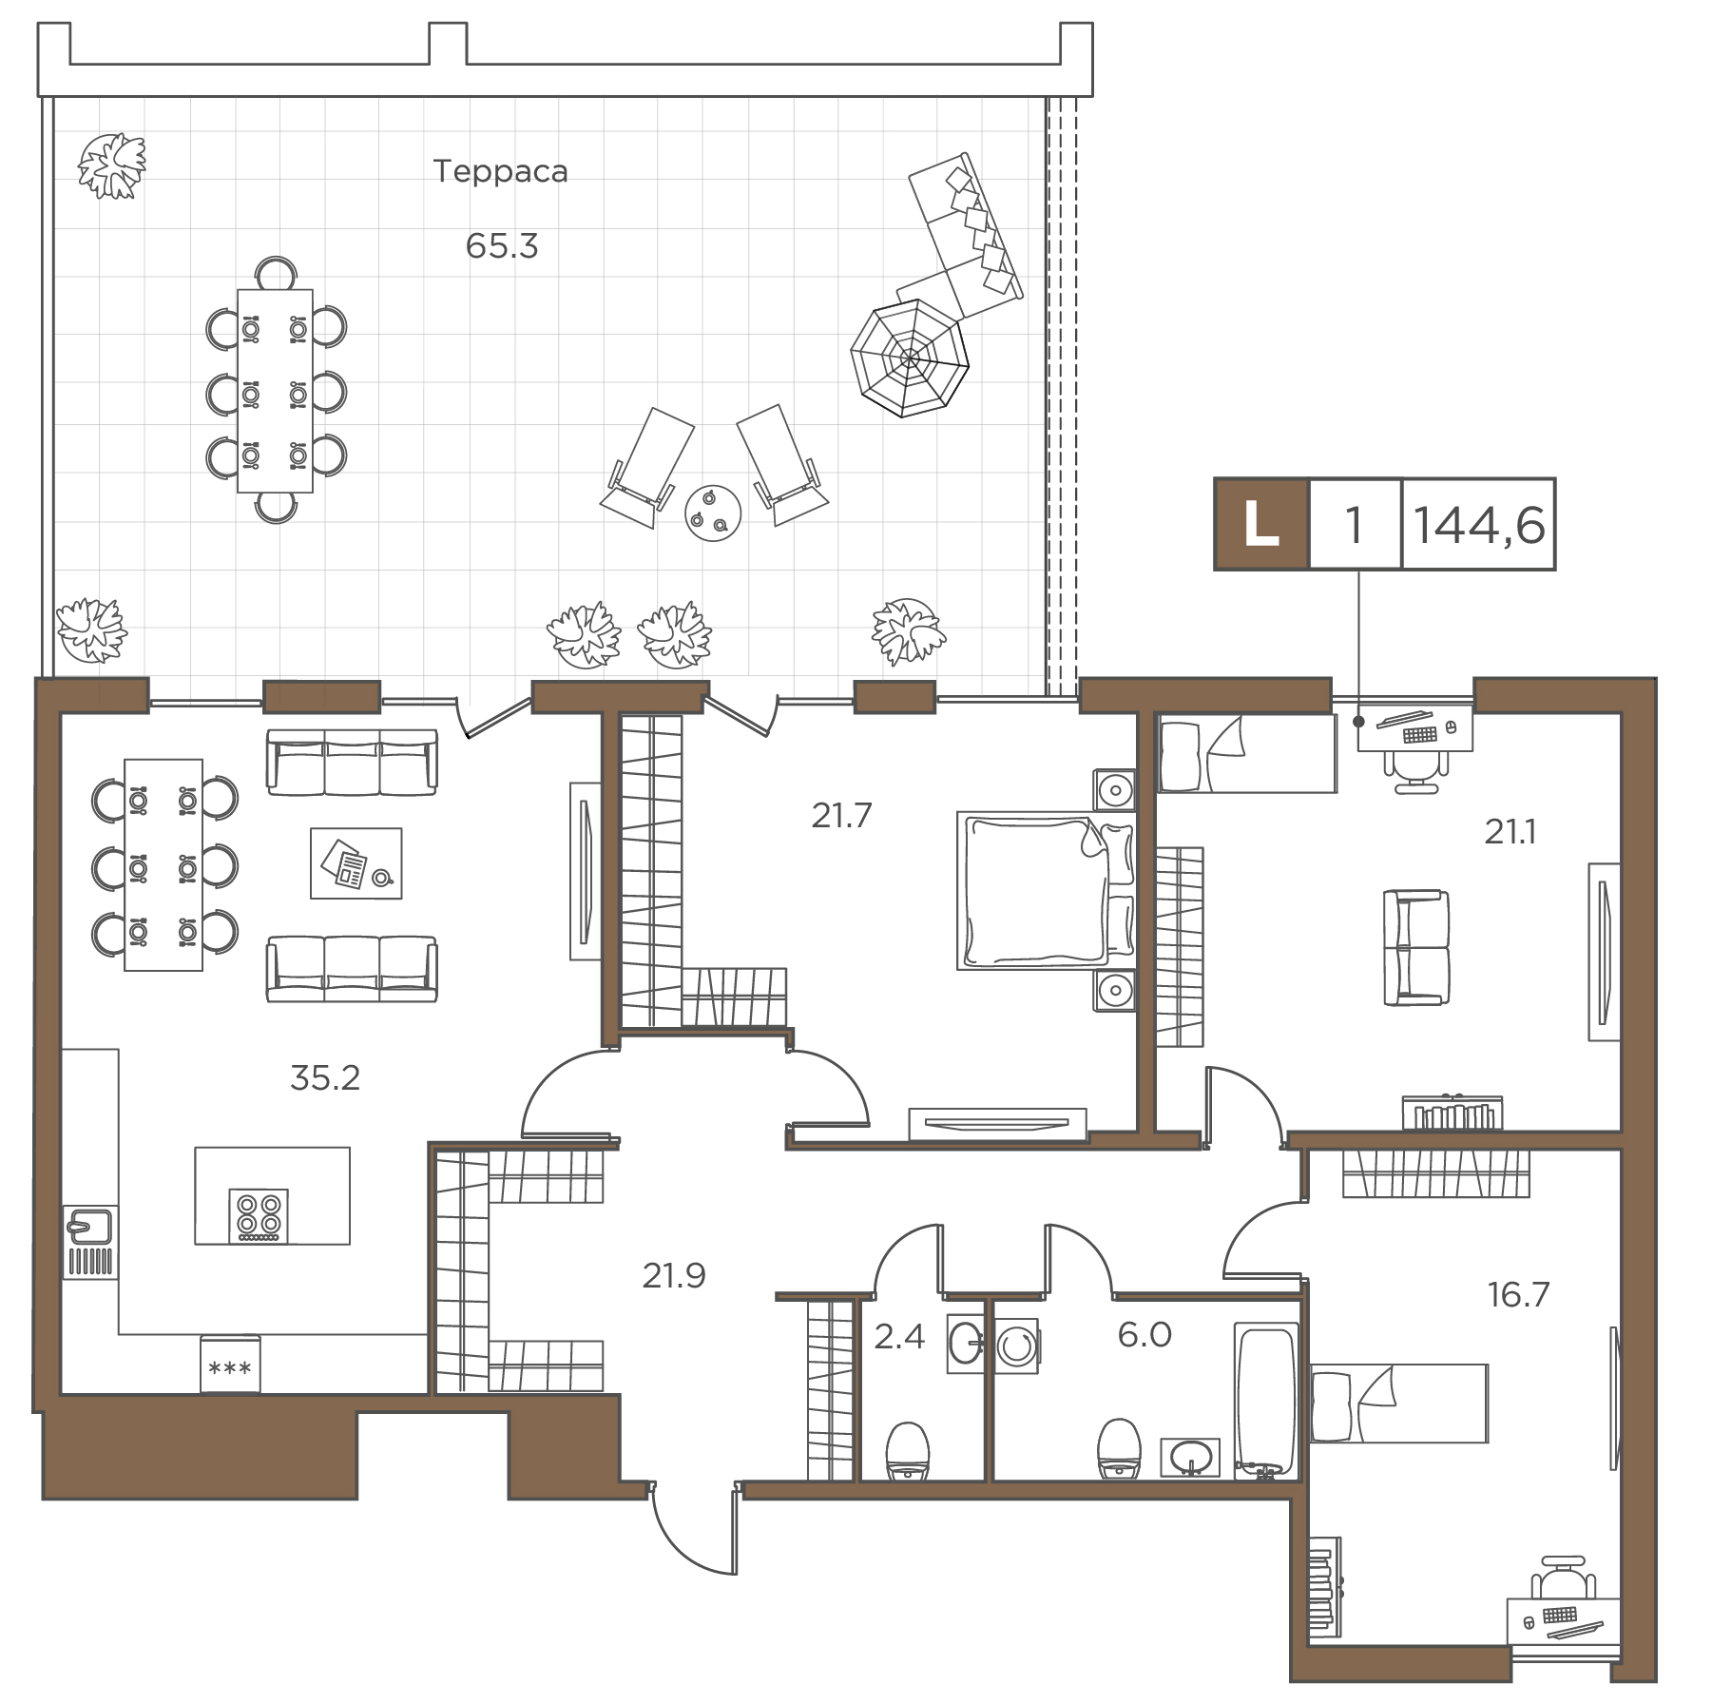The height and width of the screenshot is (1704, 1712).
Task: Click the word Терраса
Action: pos(500,171)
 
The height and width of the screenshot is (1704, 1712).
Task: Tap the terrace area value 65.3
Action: pos(502,246)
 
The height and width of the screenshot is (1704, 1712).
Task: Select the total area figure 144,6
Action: pos(1479,525)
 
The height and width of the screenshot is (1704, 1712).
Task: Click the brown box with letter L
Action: pos(1261,524)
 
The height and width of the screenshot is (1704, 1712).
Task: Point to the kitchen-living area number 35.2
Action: pos(325,1078)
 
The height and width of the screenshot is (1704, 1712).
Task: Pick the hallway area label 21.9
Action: pos(674,1275)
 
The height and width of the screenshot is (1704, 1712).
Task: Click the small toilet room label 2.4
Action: pos(899,1337)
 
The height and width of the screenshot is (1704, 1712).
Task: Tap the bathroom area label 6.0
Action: pos(1145,1335)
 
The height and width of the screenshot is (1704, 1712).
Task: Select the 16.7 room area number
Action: pos(1519,1294)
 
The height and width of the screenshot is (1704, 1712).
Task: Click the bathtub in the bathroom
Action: pos(1266,1401)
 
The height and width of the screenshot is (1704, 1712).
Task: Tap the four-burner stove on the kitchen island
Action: pos(259,1215)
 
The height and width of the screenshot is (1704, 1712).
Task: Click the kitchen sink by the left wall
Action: pos(90,1242)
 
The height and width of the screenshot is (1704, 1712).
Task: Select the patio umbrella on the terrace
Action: pos(910,358)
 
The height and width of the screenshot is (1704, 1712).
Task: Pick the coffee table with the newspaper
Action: pos(356,862)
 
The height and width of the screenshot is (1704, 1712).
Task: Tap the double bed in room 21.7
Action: pos(1046,890)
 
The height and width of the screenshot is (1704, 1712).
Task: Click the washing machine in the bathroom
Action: pos(1018,1345)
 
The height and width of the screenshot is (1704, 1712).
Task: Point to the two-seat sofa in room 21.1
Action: pos(1416,947)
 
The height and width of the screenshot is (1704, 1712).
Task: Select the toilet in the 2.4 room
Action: pos(907,1451)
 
